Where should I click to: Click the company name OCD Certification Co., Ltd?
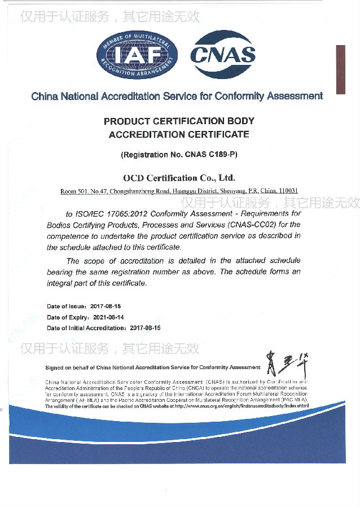(x=179, y=178)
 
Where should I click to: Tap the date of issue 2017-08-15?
(x=107, y=306)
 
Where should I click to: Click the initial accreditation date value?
(x=145, y=328)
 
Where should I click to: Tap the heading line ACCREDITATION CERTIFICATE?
(x=179, y=134)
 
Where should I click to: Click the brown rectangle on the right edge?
(x=340, y=69)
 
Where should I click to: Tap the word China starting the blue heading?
(x=44, y=96)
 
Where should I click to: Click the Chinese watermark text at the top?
(x=110, y=16)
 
